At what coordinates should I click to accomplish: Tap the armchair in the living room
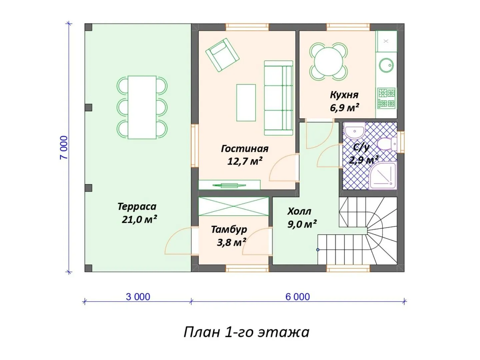click(222, 55)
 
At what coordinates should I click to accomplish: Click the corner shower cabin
click(383, 176)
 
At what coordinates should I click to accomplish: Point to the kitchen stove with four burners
click(386, 98)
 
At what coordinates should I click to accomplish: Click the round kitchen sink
click(386, 65)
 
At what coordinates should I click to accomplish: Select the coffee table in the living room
click(246, 103)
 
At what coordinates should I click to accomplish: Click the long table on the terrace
click(142, 107)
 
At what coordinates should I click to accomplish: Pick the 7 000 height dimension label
click(64, 148)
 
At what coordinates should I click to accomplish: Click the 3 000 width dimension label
click(138, 297)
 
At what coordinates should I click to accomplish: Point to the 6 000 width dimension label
click(298, 297)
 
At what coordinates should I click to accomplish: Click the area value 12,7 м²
click(245, 161)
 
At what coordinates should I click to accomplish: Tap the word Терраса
click(137, 207)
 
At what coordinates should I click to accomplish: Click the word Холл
click(299, 211)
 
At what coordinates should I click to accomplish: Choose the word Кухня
click(344, 95)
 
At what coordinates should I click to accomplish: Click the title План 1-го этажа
click(246, 333)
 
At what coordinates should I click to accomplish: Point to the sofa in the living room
click(278, 98)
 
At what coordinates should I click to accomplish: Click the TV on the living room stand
click(229, 185)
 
